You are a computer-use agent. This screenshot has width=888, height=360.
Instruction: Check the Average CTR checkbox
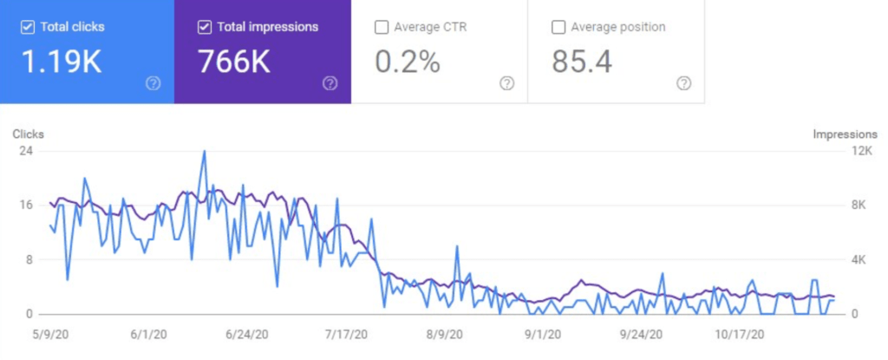pos(381,27)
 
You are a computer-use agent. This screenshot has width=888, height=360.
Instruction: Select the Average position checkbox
pos(558,27)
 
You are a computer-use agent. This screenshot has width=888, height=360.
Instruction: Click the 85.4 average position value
pos(580,62)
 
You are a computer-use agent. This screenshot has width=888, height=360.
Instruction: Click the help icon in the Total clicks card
pos(153,83)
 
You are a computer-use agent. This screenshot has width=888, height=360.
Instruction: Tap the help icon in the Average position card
pos(683,83)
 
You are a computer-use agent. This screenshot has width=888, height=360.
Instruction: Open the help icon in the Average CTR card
pos(506,83)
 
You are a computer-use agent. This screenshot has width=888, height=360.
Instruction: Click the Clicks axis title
pos(28,134)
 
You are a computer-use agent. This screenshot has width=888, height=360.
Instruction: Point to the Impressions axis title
pos(845,134)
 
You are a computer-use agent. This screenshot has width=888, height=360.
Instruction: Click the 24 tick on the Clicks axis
pos(26,150)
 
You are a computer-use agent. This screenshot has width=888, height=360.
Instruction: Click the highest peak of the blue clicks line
pos(204,151)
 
